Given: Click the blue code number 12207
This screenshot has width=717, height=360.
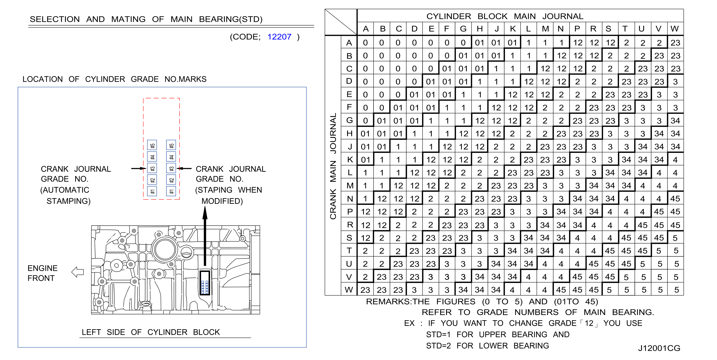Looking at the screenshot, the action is [x=279, y=37].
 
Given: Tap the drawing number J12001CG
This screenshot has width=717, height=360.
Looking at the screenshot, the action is [x=659, y=348].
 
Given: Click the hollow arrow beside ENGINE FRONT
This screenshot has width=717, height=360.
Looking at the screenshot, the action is [x=78, y=272].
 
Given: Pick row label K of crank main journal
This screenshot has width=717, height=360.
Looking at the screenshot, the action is [x=350, y=160].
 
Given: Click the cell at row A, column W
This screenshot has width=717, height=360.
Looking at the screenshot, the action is [x=675, y=43].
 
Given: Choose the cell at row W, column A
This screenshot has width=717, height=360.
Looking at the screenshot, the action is [x=365, y=290].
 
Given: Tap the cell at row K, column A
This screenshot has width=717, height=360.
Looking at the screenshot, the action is [x=365, y=160].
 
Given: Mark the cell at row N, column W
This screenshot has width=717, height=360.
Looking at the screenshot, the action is [x=675, y=198].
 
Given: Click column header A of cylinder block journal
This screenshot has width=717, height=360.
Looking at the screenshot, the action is [x=366, y=29].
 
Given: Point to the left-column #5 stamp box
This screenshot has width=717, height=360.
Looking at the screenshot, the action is [x=152, y=145].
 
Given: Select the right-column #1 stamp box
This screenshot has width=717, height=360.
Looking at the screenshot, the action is [x=171, y=191].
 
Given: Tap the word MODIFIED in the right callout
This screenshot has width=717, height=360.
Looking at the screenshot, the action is [x=222, y=201].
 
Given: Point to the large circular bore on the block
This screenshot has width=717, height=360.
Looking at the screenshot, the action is [x=165, y=249].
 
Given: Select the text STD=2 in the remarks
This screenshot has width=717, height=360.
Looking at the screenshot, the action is [x=438, y=346].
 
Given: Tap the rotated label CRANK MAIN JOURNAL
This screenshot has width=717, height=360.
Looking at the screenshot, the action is [x=333, y=166].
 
